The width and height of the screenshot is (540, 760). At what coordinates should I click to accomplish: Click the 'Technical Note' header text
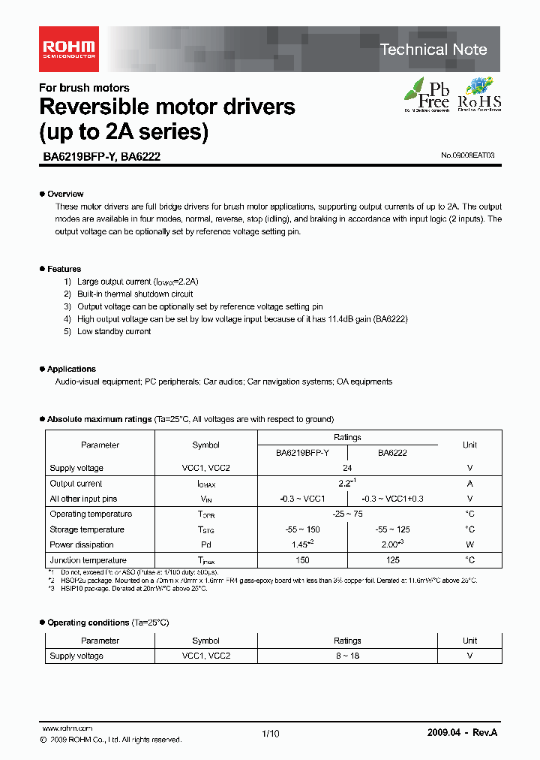pyautogui.click(x=433, y=50)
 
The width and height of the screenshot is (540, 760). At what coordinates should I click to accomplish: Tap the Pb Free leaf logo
pyautogui.click(x=427, y=95)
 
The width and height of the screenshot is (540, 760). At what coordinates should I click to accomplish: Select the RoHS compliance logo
pyautogui.click(x=479, y=95)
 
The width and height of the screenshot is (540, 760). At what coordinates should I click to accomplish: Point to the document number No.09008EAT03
pyautogui.click(x=467, y=155)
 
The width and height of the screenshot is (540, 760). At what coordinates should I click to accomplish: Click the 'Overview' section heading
pyautogui.click(x=65, y=194)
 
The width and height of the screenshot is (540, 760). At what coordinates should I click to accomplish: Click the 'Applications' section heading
pyautogui.click(x=71, y=369)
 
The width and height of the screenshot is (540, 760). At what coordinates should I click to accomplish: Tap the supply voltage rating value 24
pyautogui.click(x=347, y=468)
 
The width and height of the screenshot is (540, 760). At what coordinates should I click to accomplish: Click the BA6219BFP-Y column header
pyautogui.click(x=302, y=453)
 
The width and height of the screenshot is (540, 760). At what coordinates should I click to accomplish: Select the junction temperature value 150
pyautogui.click(x=302, y=560)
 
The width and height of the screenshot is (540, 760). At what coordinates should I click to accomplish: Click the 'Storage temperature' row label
pyautogui.click(x=87, y=529)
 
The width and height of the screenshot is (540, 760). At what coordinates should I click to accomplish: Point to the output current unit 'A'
pyautogui.click(x=469, y=484)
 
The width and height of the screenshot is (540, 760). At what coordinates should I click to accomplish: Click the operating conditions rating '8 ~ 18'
pyautogui.click(x=347, y=656)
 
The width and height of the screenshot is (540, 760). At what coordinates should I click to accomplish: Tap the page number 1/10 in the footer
pyautogui.click(x=270, y=734)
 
